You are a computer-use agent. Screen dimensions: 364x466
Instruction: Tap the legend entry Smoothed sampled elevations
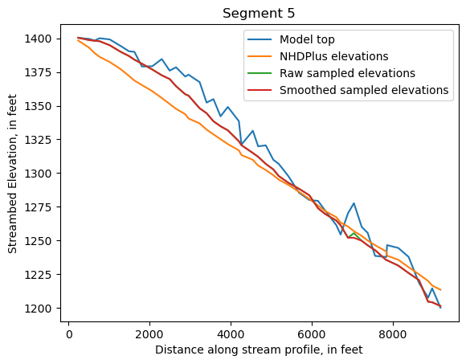364,90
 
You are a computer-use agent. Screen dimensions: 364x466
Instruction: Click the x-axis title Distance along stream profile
260,350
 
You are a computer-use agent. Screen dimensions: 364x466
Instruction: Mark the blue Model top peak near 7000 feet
354,203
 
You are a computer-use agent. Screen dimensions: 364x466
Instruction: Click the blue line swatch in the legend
260,39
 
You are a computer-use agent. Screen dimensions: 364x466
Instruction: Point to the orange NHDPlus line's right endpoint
440,290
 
